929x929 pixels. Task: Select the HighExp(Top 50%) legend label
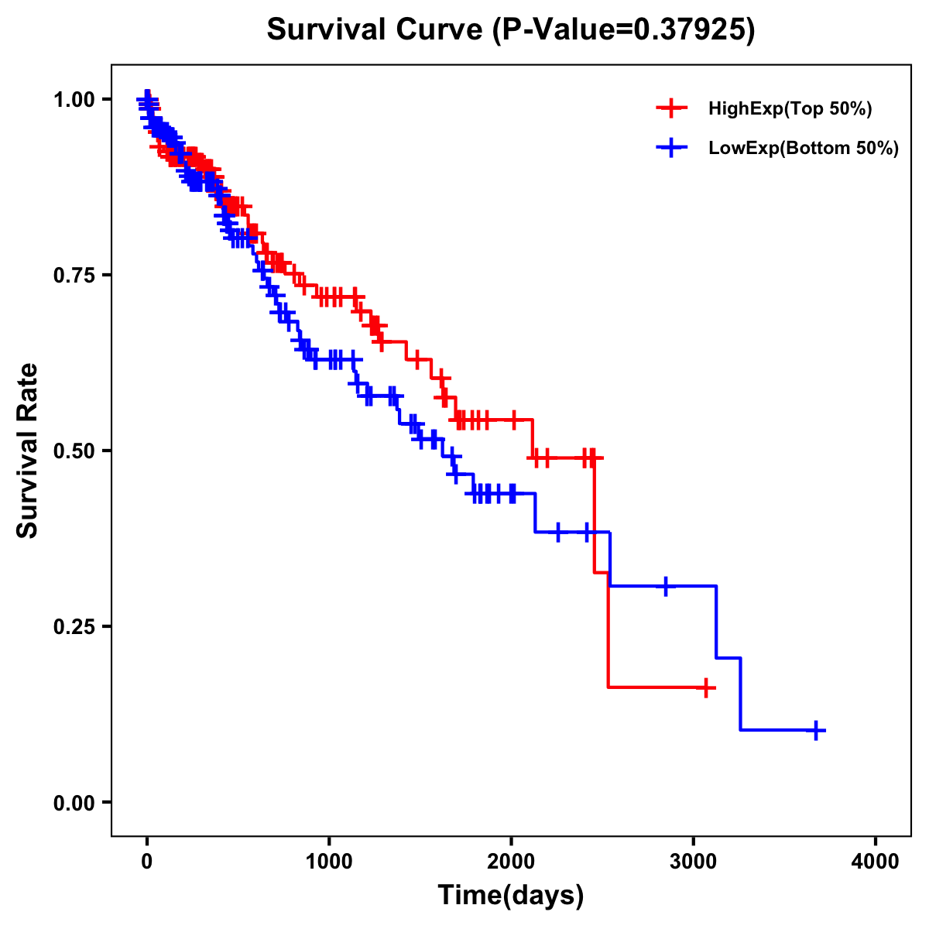pyautogui.click(x=790, y=109)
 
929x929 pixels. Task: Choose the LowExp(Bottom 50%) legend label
pyautogui.click(x=804, y=149)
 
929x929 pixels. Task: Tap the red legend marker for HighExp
pyautogui.click(x=671, y=108)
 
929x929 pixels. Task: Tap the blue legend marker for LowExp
pyautogui.click(x=671, y=148)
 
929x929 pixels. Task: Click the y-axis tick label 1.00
pyautogui.click(x=74, y=100)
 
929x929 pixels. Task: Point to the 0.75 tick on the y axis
pyautogui.click(x=74, y=276)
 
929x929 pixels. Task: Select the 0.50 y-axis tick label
pyautogui.click(x=74, y=451)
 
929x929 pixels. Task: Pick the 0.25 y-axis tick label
pyautogui.click(x=74, y=627)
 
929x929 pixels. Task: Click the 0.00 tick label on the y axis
pyautogui.click(x=74, y=803)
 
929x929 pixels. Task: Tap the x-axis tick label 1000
pyautogui.click(x=329, y=862)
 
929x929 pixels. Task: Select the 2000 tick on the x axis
pyautogui.click(x=511, y=862)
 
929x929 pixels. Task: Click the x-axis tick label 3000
pyautogui.click(x=694, y=862)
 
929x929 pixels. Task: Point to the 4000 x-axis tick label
pyautogui.click(x=876, y=862)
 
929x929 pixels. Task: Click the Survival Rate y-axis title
pyautogui.click(x=29, y=451)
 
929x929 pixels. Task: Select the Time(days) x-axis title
pyautogui.click(x=511, y=896)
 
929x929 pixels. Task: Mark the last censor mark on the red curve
pyautogui.click(x=705, y=687)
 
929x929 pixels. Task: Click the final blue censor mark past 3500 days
pyautogui.click(x=816, y=730)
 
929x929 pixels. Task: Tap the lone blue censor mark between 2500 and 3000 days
pyautogui.click(x=665, y=586)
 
